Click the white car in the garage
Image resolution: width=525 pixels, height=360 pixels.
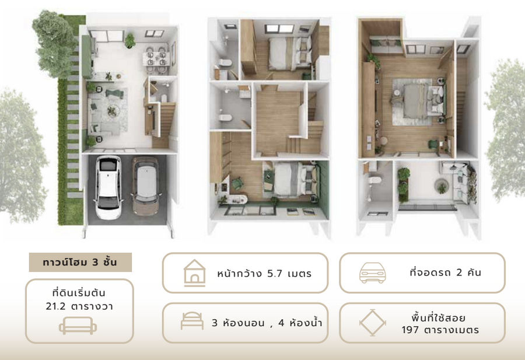(x=108, y=187)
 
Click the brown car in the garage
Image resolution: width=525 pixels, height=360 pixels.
(x=145, y=186)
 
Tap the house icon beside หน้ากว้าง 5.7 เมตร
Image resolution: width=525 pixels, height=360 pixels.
(x=194, y=273)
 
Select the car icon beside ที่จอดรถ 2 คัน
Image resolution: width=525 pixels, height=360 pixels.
(x=372, y=272)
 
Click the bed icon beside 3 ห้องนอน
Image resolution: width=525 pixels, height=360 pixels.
(x=192, y=321)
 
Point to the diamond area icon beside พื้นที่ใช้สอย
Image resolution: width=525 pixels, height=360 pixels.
(x=373, y=323)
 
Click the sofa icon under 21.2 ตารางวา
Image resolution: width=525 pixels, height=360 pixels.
(x=78, y=326)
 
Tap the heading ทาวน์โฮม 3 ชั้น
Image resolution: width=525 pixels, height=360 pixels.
(x=80, y=262)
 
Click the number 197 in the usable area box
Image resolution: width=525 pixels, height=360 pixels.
(x=410, y=330)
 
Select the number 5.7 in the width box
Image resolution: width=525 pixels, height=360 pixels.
(x=275, y=274)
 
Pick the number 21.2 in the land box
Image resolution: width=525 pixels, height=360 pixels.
(x=55, y=306)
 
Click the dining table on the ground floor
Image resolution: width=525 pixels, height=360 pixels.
(x=156, y=59)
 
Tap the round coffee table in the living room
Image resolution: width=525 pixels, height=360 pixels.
(x=113, y=110)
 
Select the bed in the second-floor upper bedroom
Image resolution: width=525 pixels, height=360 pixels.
(x=289, y=54)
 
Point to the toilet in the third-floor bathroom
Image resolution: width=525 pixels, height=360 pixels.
(x=374, y=180)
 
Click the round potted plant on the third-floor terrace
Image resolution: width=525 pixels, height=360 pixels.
(x=442, y=187)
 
